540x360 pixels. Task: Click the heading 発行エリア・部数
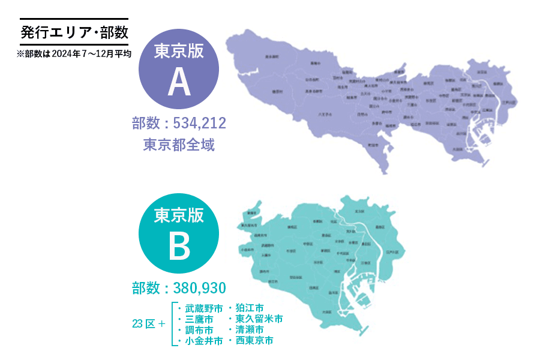(74, 32)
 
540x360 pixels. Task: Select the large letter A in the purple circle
(179, 83)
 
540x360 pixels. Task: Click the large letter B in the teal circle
(179, 247)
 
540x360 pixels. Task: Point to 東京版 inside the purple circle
(179, 50)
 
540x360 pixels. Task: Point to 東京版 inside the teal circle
(179, 214)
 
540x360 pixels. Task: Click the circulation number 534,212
(199, 124)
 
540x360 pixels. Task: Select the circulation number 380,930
(199, 288)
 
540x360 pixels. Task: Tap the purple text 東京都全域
(179, 145)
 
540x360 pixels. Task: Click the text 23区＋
(148, 324)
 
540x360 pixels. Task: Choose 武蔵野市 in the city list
(203, 308)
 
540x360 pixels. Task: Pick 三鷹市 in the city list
(199, 319)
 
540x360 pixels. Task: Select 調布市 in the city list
(199, 330)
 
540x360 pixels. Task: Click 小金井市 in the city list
(203, 341)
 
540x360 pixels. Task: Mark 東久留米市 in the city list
(259, 319)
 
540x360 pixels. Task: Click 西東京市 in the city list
(254, 340)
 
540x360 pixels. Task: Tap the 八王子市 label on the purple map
(326, 113)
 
